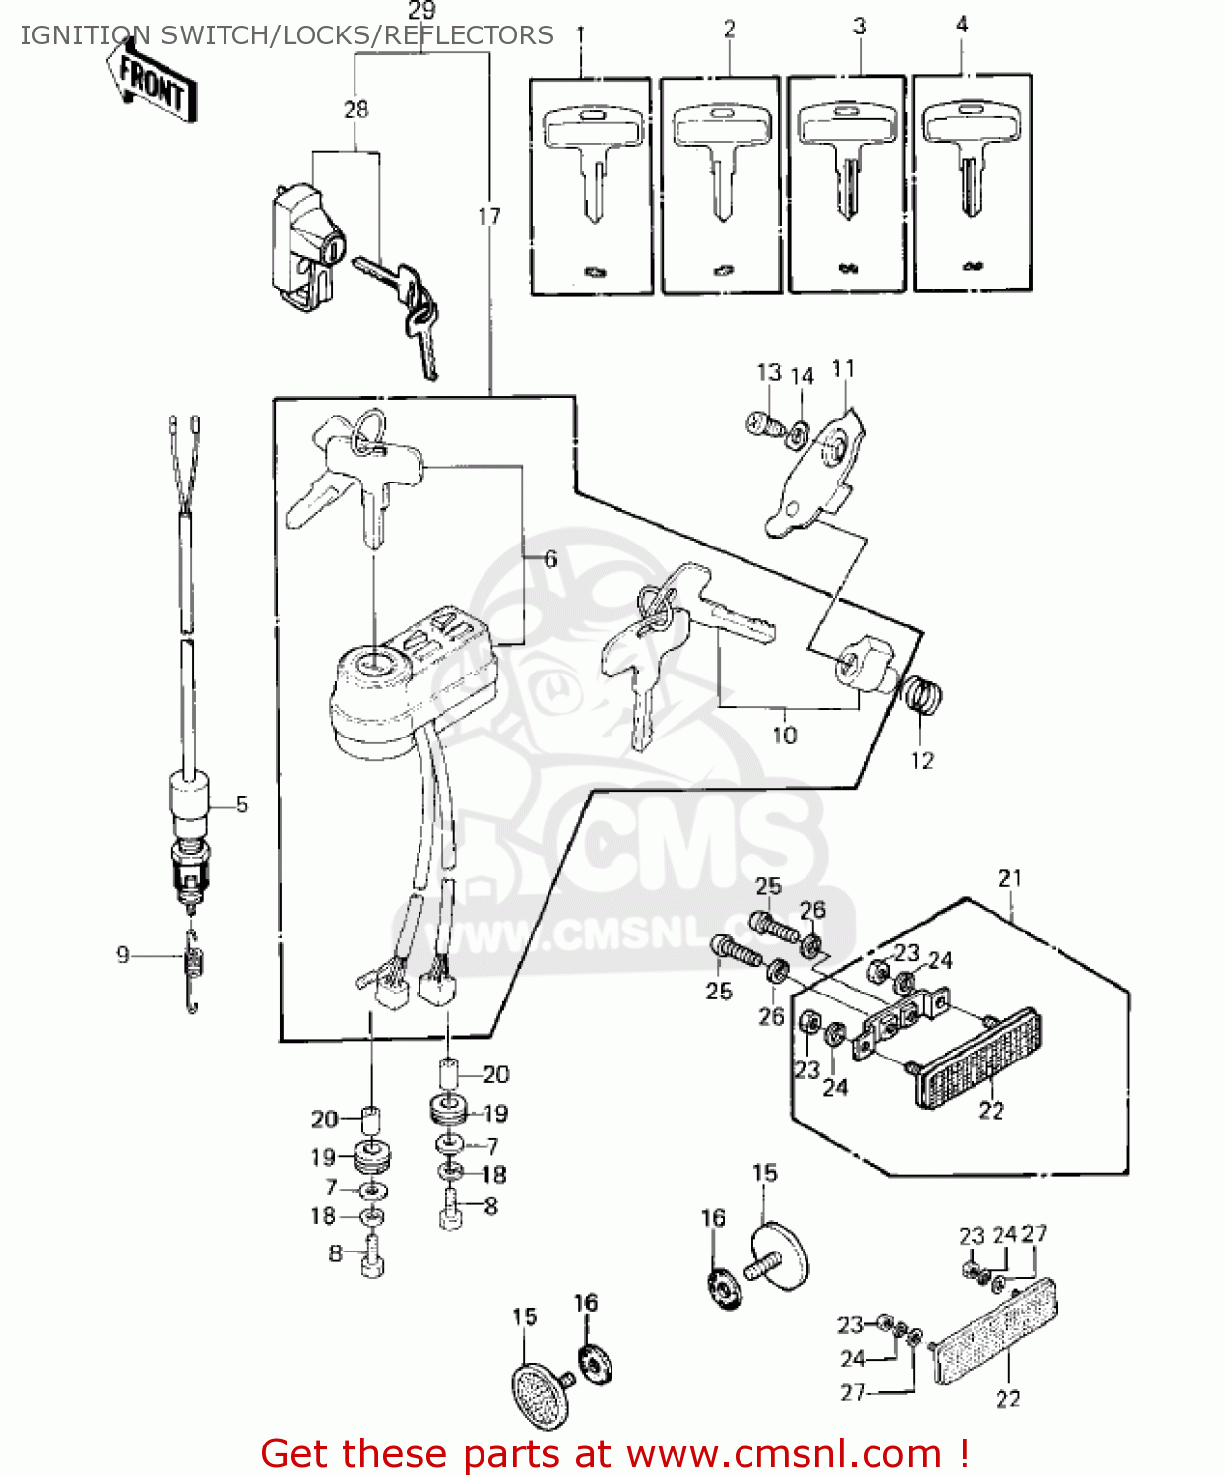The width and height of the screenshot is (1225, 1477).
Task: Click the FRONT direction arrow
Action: pyautogui.click(x=153, y=85)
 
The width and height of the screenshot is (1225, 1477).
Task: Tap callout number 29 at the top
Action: pyautogui.click(x=421, y=11)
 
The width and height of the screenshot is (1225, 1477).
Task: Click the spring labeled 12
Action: pyautogui.click(x=924, y=696)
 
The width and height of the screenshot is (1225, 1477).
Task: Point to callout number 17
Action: pyautogui.click(x=489, y=216)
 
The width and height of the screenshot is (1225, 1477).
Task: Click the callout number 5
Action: pyautogui.click(x=242, y=804)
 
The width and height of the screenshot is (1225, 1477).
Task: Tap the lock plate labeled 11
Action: pyautogui.click(x=815, y=473)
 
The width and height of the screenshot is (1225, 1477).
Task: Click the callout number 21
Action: pyautogui.click(x=1010, y=878)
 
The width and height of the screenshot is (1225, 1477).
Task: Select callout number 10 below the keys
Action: pyautogui.click(x=784, y=735)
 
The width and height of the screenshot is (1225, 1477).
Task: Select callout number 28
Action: pyautogui.click(x=356, y=109)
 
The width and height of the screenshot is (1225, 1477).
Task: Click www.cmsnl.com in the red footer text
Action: pyautogui.click(x=785, y=1454)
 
